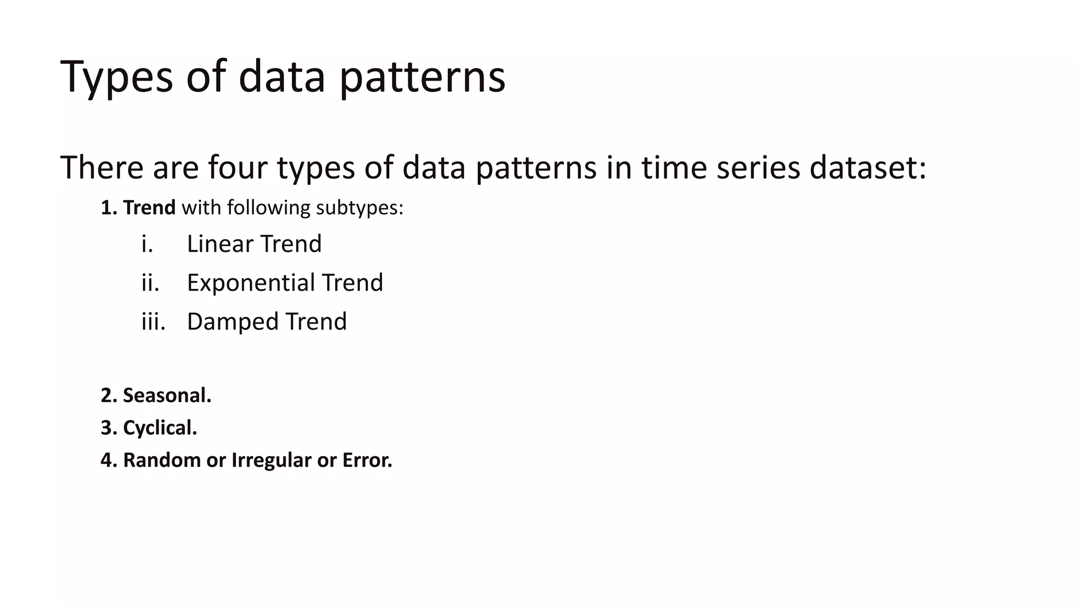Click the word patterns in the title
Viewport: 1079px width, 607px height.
tap(422, 77)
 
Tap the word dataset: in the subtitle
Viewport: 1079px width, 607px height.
tap(867, 168)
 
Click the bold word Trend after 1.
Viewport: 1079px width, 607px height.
tap(149, 208)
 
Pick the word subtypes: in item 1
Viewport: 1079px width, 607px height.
tap(359, 208)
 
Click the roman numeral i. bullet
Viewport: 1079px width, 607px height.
tap(147, 244)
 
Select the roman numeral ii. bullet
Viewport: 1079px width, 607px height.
tap(150, 283)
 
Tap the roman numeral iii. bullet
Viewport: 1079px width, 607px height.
tap(153, 321)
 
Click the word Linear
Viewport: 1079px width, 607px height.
tap(220, 244)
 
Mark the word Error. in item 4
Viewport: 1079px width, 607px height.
tap(367, 460)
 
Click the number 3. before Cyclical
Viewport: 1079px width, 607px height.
tap(109, 428)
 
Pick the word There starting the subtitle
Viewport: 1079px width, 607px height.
tap(102, 168)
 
